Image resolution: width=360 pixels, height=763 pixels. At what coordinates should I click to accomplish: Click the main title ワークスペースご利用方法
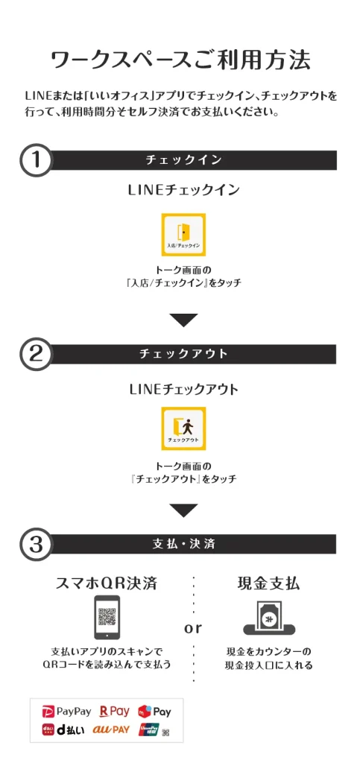point(180,61)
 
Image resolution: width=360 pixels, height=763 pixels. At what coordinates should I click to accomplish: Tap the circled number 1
point(36,161)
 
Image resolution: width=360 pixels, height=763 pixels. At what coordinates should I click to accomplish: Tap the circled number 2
point(36,354)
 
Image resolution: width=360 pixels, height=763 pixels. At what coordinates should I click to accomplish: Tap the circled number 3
point(36,544)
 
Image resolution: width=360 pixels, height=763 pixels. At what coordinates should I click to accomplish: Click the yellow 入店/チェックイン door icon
point(183,235)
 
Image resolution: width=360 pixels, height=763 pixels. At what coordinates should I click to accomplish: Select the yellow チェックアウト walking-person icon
point(183,428)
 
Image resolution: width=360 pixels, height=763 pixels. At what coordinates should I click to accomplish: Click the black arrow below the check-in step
point(183,320)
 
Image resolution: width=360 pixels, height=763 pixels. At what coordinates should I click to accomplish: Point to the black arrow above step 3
point(183,510)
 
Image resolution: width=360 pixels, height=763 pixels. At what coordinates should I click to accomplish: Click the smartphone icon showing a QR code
point(107,617)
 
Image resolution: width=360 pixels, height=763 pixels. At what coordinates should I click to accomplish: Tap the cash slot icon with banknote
point(269,618)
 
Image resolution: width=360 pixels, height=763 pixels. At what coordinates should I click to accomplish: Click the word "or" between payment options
point(193,628)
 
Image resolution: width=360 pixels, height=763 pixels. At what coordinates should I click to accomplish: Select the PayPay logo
point(66,712)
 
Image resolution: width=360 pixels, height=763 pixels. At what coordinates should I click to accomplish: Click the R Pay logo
point(114,712)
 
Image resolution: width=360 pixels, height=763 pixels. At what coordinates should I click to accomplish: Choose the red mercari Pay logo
point(154,712)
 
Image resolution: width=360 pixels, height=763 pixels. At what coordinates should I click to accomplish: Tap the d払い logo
point(63,729)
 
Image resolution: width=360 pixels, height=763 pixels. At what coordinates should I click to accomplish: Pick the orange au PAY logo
point(111,729)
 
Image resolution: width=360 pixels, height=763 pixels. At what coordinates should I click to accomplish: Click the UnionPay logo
point(148,729)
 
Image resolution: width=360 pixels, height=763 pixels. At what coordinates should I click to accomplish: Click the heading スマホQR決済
point(107,583)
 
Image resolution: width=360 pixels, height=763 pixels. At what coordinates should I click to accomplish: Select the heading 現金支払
point(268,583)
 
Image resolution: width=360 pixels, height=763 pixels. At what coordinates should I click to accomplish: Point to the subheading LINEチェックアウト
point(184,389)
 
